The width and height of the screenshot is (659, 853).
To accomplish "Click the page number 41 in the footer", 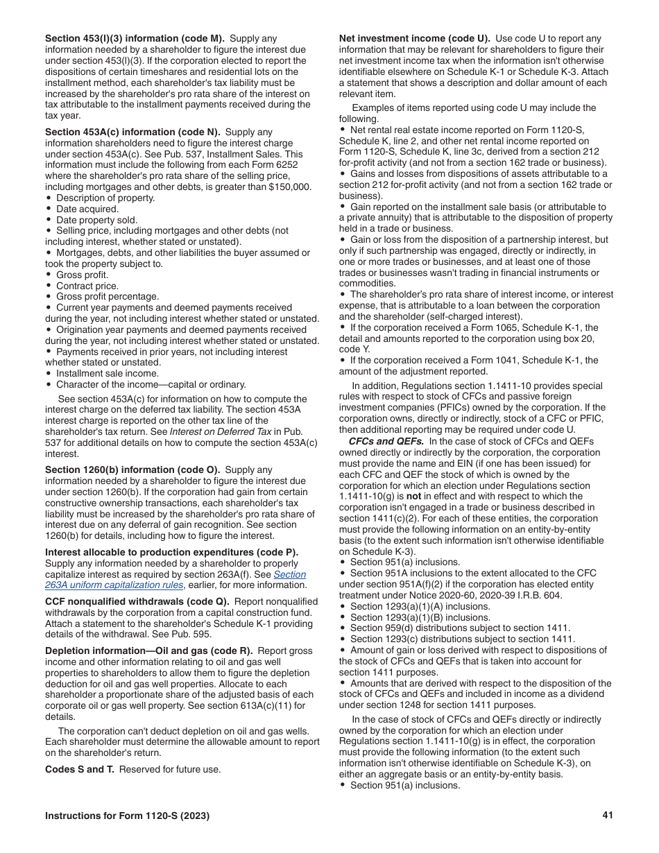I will pyautogui.click(x=608, y=815).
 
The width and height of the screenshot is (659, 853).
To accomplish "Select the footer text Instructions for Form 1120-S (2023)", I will pyautogui.click(x=127, y=816).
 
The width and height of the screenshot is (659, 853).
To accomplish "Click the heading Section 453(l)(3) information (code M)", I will pyautogui.click(x=135, y=39).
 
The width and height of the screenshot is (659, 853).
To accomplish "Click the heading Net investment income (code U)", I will pyautogui.click(x=414, y=39).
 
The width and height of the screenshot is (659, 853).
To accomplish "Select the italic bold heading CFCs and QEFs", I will pyautogui.click(x=386, y=442).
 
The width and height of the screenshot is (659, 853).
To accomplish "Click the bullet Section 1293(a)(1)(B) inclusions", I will pyautogui.click(x=420, y=617).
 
